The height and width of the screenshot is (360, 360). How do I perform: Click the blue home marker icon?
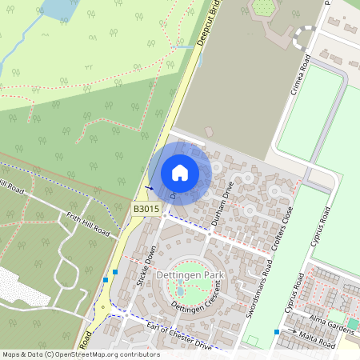point(180,172)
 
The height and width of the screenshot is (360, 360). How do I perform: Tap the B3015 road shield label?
point(146,209)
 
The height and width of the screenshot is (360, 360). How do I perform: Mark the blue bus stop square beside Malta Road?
point(277,331)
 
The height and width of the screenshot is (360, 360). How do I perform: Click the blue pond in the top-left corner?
point(55,9)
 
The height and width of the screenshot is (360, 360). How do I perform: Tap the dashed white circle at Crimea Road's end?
point(306,36)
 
